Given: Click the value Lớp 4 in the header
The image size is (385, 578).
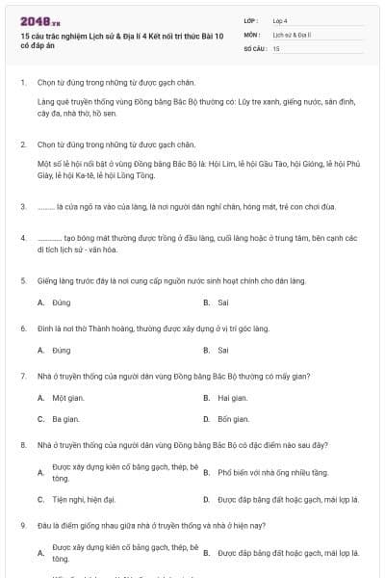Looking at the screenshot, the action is click(x=280, y=20).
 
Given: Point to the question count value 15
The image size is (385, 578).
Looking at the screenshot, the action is click(x=276, y=47).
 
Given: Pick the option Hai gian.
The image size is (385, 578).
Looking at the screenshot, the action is click(x=233, y=397).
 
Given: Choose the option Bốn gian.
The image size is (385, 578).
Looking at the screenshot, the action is click(x=234, y=419).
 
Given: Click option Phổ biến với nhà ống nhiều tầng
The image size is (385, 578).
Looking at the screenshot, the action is click(x=273, y=473).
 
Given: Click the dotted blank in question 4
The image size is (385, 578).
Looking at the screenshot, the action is click(x=49, y=235).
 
